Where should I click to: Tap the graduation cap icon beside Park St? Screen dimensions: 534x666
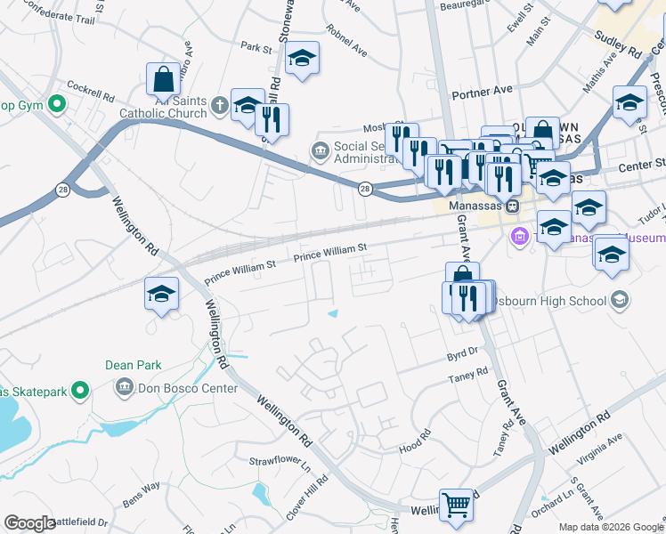302,59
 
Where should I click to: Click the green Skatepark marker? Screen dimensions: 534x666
80,390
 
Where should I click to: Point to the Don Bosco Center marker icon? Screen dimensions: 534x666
124,388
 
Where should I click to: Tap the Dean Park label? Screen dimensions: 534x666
133,365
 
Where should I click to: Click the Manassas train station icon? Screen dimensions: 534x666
513,206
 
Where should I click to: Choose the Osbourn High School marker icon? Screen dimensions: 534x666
617,301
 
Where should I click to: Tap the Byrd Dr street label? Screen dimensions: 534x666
462,353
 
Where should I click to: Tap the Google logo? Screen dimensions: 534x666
29,523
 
